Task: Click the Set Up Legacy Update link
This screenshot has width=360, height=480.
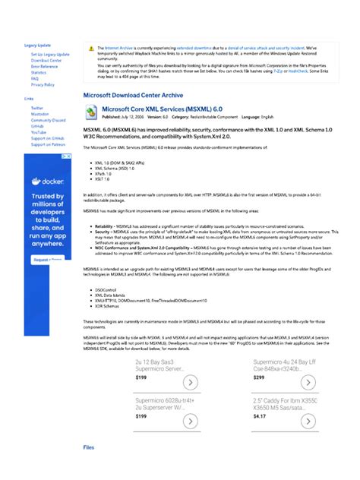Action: [x=49, y=55]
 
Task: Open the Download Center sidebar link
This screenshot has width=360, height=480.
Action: [x=46, y=61]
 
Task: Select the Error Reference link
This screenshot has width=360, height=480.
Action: [x=44, y=67]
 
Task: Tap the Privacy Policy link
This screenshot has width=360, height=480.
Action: [x=43, y=84]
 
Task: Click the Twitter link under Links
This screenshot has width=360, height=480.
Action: [x=37, y=109]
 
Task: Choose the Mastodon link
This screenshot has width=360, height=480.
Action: [x=39, y=115]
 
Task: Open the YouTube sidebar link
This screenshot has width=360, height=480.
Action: [x=39, y=132]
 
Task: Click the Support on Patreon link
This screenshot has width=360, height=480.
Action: [x=47, y=144]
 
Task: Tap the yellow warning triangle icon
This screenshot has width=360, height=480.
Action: [x=91, y=49]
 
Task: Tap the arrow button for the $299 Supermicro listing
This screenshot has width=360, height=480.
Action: [x=308, y=382]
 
